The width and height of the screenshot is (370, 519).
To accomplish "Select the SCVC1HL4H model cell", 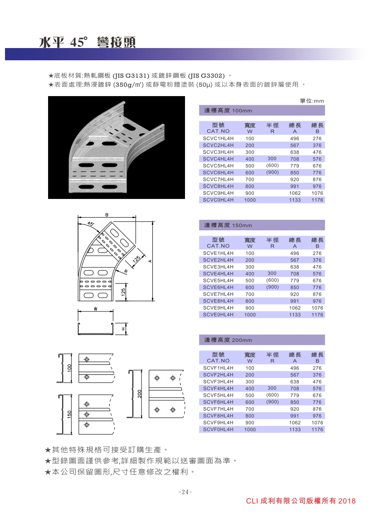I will click(218, 138).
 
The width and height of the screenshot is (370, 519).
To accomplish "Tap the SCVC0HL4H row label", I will click(218, 200).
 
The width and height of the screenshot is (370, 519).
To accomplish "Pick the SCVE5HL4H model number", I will click(218, 281).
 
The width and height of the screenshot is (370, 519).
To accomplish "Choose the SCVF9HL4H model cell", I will click(218, 422).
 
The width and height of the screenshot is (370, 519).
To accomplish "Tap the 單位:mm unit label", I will click(312, 101).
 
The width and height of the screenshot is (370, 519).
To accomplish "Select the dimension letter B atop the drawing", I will click(107, 214).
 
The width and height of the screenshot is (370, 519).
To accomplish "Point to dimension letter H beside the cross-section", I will click(122, 329).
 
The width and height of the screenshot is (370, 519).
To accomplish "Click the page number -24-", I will click(185, 492).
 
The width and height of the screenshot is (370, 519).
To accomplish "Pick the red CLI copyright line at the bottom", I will click(301, 501).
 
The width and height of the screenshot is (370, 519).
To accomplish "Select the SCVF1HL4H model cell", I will click(218, 368).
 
